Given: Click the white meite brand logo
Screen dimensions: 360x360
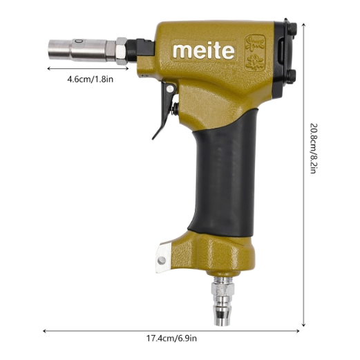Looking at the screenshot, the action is point(204,51).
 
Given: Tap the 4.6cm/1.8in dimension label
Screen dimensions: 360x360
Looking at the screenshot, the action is point(90,79).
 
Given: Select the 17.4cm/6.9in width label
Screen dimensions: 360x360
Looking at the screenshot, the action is point(171,339).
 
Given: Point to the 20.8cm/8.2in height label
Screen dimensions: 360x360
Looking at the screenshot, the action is point(314,149).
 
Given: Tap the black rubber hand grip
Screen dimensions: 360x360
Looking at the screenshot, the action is point(223,174).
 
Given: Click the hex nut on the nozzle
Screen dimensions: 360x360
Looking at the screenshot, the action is point(121,51).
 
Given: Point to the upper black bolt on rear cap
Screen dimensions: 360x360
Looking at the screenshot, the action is point(293,28).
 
